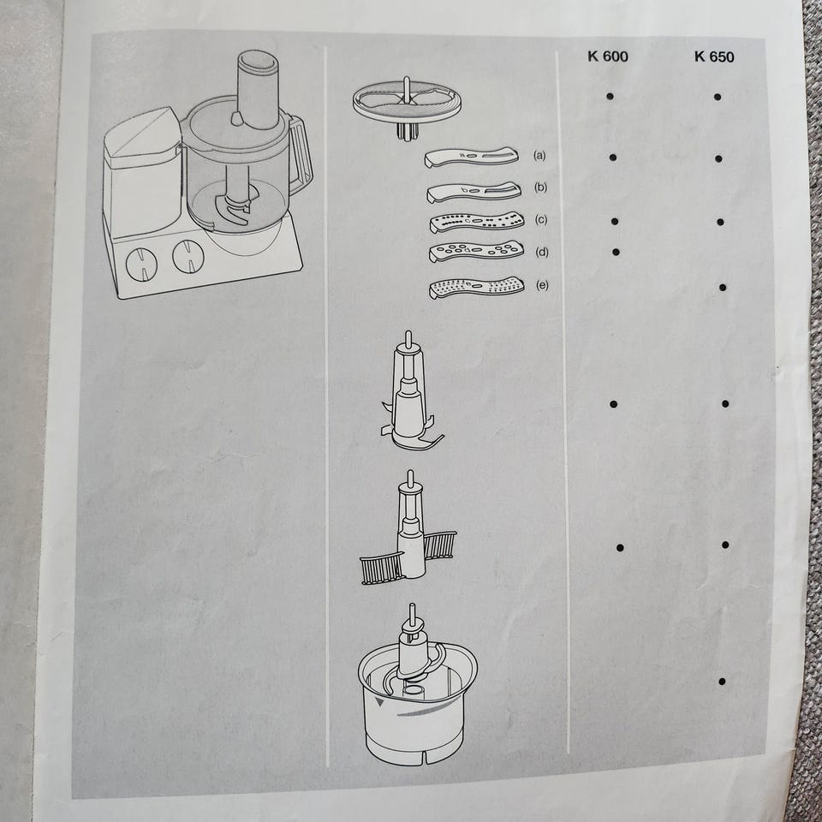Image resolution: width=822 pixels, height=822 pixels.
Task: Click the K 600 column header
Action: pyautogui.click(x=608, y=57)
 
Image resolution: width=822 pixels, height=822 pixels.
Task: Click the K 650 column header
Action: pyautogui.click(x=714, y=57)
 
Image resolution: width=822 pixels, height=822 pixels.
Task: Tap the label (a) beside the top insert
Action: pyautogui.click(x=539, y=155)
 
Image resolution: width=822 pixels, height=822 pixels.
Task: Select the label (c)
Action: pyautogui.click(x=541, y=219)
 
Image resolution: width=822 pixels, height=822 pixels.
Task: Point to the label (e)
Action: pyautogui.click(x=542, y=284)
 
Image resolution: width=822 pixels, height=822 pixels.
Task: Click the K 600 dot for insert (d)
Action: pyautogui.click(x=616, y=252)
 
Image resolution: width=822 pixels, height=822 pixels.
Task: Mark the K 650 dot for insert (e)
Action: pyautogui.click(x=723, y=288)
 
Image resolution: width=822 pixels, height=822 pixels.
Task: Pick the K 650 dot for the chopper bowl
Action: pyautogui.click(x=722, y=682)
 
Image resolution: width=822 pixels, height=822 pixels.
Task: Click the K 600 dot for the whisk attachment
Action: pyautogui.click(x=620, y=548)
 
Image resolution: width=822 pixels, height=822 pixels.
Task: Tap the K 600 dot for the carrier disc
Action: pyautogui.click(x=611, y=97)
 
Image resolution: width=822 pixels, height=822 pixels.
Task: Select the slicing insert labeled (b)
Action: pyautogui.click(x=474, y=192)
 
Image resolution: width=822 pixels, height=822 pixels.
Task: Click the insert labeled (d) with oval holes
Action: pyautogui.click(x=476, y=251)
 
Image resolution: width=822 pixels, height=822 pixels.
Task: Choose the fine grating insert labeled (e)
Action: pyautogui.click(x=476, y=287)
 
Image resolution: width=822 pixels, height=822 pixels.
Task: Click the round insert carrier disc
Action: pyautogui.click(x=408, y=102)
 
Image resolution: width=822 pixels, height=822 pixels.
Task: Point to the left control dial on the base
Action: pyautogui.click(x=141, y=264)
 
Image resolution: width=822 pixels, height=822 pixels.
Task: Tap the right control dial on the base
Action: pyautogui.click(x=188, y=256)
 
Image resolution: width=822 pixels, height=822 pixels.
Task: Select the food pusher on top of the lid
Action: pyautogui.click(x=258, y=89)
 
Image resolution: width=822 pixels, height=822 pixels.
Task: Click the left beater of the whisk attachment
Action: pyautogui.click(x=381, y=568)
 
